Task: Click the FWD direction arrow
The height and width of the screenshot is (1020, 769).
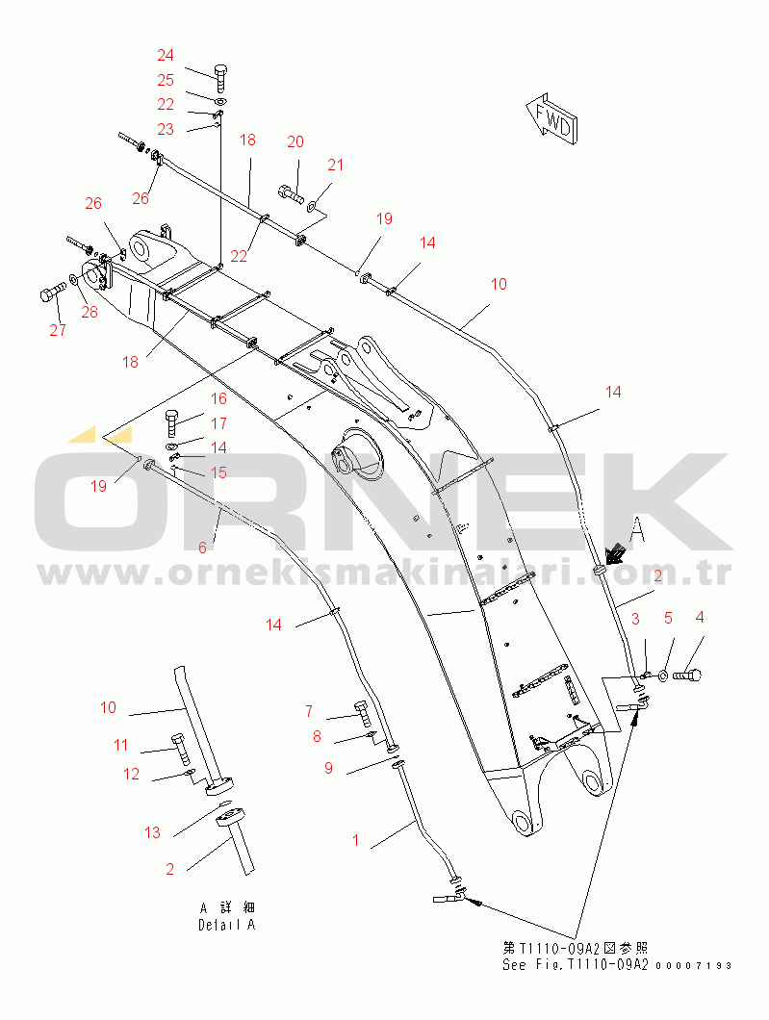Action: click(x=551, y=119)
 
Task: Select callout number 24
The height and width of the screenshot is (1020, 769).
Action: click(x=166, y=55)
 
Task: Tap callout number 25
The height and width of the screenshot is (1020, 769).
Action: click(x=166, y=80)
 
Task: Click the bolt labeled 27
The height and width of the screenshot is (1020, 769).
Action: click(x=53, y=293)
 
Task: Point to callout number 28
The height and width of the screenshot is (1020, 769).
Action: click(x=90, y=312)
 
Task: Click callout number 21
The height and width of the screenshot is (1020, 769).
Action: click(x=335, y=165)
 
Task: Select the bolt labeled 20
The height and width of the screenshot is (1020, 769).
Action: click(x=291, y=192)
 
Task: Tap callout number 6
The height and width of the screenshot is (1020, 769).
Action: click(x=202, y=548)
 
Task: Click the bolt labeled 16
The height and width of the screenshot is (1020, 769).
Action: click(x=171, y=422)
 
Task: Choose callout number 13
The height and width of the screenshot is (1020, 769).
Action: click(x=152, y=832)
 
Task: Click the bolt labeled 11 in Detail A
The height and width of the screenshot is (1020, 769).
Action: click(x=180, y=749)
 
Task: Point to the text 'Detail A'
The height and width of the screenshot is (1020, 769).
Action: click(x=227, y=925)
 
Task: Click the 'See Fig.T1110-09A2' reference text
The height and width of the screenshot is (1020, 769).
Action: click(x=576, y=965)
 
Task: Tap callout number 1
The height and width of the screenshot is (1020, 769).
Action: click(x=355, y=840)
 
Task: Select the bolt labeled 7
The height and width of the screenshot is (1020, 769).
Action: click(x=363, y=714)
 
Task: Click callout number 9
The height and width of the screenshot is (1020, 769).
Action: click(x=328, y=768)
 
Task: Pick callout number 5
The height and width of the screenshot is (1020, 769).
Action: click(x=668, y=618)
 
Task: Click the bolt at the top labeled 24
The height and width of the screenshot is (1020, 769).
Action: click(x=220, y=78)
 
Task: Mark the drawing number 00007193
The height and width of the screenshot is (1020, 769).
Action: click(x=694, y=966)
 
